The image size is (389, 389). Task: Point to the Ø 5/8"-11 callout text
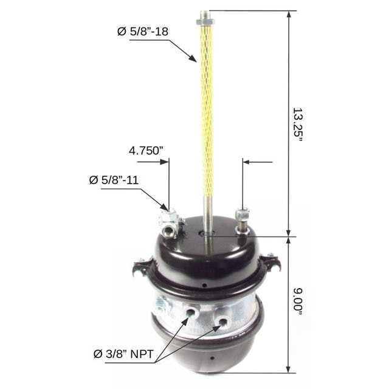115,180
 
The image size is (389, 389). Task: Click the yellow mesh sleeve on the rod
207,103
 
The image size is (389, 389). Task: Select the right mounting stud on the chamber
243,219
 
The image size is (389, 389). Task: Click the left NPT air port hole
192,312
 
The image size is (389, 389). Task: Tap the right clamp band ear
270,263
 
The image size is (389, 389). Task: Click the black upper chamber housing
207,255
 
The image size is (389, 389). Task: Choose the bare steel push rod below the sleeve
208,207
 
